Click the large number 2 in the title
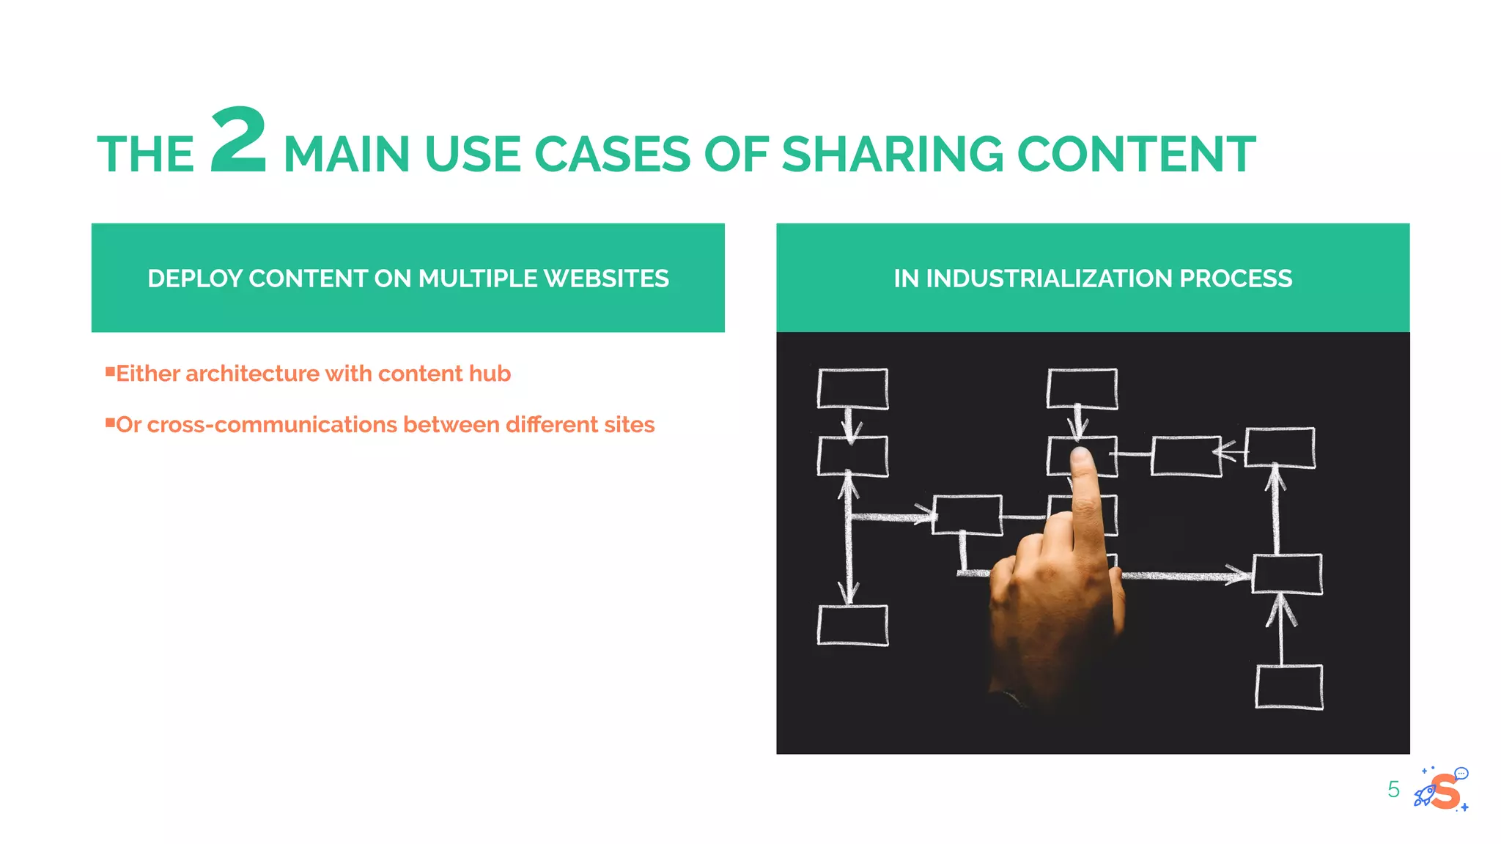(x=238, y=140)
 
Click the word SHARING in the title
(x=892, y=155)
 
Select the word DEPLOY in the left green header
(x=195, y=278)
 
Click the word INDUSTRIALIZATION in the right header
(x=1049, y=278)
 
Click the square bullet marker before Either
(x=110, y=371)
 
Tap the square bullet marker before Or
(x=110, y=423)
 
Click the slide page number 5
(x=1393, y=790)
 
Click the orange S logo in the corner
(x=1446, y=791)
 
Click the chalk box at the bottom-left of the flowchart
(x=852, y=625)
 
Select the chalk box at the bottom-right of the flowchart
(x=1288, y=686)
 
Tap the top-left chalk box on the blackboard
(x=852, y=388)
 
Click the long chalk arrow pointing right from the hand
(x=1184, y=575)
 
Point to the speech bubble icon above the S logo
(x=1461, y=773)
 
